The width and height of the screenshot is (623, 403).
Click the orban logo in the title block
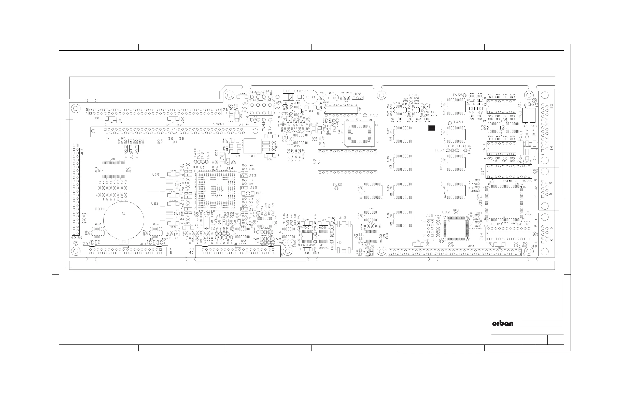[503, 323]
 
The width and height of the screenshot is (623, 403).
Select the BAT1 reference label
[100, 209]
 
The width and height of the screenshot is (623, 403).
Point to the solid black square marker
[432, 128]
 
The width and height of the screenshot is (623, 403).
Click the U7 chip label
[315, 162]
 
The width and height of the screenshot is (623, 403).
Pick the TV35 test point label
[337, 184]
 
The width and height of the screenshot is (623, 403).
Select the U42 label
[342, 218]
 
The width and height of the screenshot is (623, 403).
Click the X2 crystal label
[331, 93]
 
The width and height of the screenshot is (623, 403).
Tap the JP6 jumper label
[358, 94]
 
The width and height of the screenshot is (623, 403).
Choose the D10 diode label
[287, 91]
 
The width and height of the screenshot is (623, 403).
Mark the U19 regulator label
[155, 175]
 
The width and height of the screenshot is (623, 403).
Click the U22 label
[155, 203]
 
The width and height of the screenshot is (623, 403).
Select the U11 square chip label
[358, 119]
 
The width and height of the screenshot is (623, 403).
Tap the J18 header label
[429, 215]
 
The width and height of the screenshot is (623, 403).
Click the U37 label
[446, 212]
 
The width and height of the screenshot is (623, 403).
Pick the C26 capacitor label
[259, 193]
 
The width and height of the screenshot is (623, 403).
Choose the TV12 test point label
[373, 115]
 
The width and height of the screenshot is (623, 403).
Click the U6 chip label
[113, 159]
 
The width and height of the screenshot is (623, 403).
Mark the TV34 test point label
[458, 122]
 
